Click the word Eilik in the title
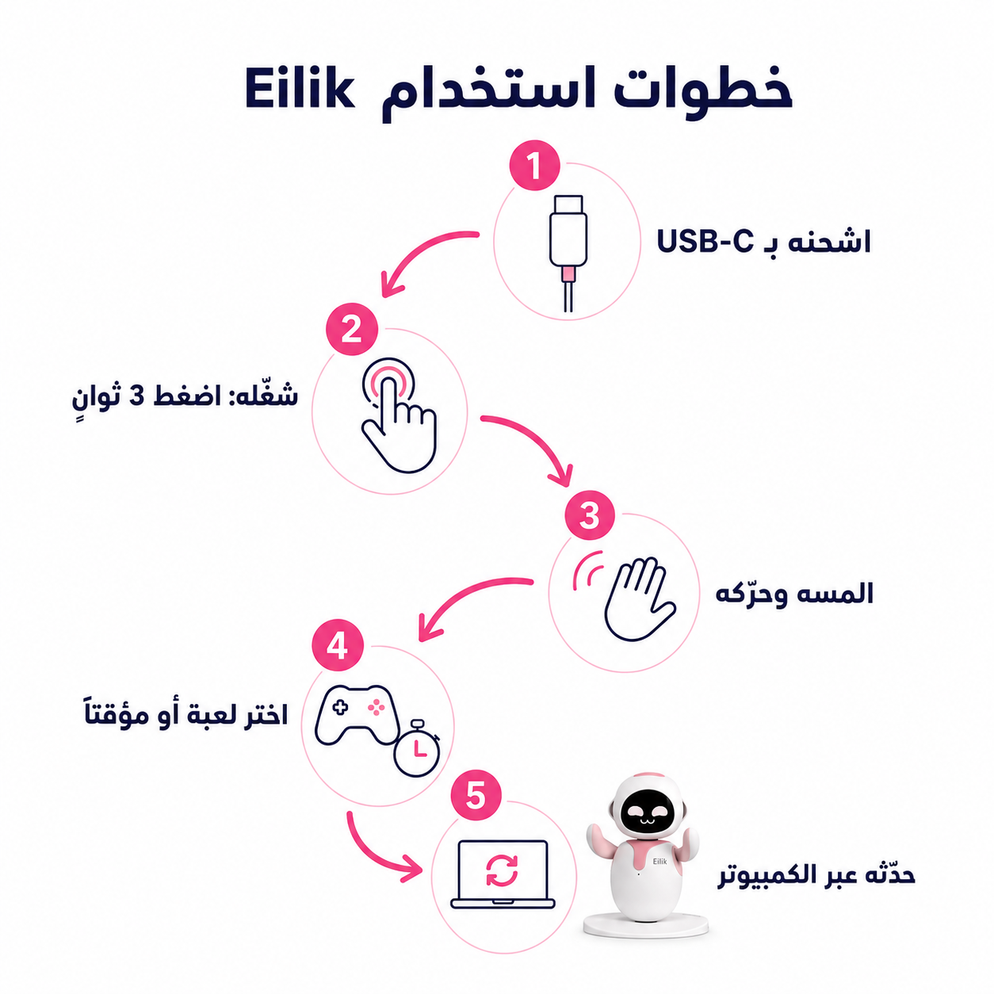click(x=300, y=90)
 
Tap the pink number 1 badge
click(x=534, y=166)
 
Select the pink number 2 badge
click(x=352, y=329)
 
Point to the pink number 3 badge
click(x=590, y=514)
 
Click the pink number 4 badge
click(x=338, y=645)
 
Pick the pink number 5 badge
click(x=476, y=795)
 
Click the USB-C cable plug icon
click(x=568, y=254)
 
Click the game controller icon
click(x=357, y=715)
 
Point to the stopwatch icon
click(x=417, y=748)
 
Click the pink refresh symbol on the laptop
click(x=502, y=870)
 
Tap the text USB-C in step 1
click(x=705, y=242)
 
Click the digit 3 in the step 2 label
click(x=136, y=396)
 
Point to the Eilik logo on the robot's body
click(x=659, y=861)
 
